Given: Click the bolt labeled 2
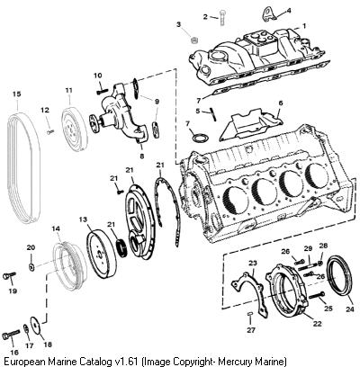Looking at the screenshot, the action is point(222,18).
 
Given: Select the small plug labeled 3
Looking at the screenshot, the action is point(194,40).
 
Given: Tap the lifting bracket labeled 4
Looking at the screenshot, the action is point(269,14).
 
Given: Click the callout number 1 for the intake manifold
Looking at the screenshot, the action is point(304,26).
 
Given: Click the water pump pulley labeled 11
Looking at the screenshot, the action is point(75,127).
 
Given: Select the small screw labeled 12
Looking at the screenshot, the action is point(50,131).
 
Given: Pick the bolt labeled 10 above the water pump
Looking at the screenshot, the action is point(103,91).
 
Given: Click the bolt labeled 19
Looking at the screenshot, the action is point(9,275).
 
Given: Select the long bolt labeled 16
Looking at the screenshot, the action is point(11,335).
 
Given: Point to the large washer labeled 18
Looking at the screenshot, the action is point(35,326).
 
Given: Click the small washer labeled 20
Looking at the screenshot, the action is point(31,266).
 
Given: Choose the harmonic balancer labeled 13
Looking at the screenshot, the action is point(102,254).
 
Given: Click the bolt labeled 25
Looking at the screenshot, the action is point(316,295).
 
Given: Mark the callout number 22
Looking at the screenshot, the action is point(317,324).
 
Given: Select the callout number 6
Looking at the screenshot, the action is point(281,103).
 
